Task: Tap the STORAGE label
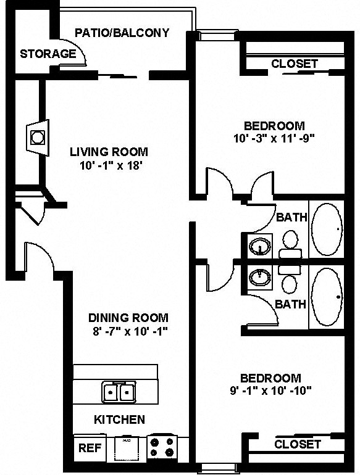coord(48,54)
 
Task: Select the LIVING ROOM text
coord(109,152)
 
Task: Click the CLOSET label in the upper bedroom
coord(295,64)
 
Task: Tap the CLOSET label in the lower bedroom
coord(298,444)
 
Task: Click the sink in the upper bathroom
coord(260,247)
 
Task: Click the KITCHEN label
coord(119,420)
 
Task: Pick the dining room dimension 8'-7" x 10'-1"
coord(128,331)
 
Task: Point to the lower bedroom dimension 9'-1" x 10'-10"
coord(270,390)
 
